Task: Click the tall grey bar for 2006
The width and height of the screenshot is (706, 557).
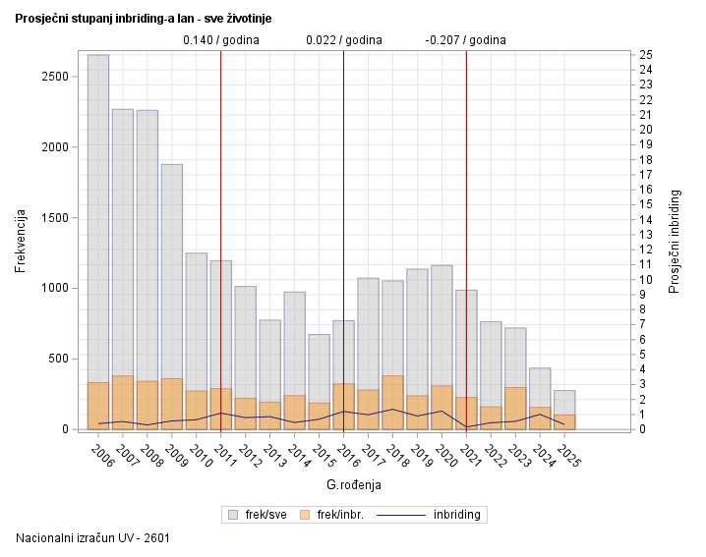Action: click(x=97, y=216)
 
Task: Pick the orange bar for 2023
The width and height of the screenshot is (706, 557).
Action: click(x=515, y=409)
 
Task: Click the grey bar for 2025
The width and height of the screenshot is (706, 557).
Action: click(x=564, y=403)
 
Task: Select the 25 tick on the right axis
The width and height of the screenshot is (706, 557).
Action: click(x=645, y=54)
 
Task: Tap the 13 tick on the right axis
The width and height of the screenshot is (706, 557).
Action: click(x=645, y=234)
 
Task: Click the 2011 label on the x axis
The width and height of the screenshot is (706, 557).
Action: click(x=226, y=457)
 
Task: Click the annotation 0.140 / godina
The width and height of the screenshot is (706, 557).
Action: click(x=221, y=40)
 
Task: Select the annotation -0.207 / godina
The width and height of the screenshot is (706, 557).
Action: click(x=466, y=40)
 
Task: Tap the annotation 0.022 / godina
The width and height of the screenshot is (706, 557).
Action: click(x=344, y=40)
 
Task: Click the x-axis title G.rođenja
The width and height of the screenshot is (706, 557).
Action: click(x=354, y=485)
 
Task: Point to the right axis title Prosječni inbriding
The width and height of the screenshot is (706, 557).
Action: click(x=675, y=242)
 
